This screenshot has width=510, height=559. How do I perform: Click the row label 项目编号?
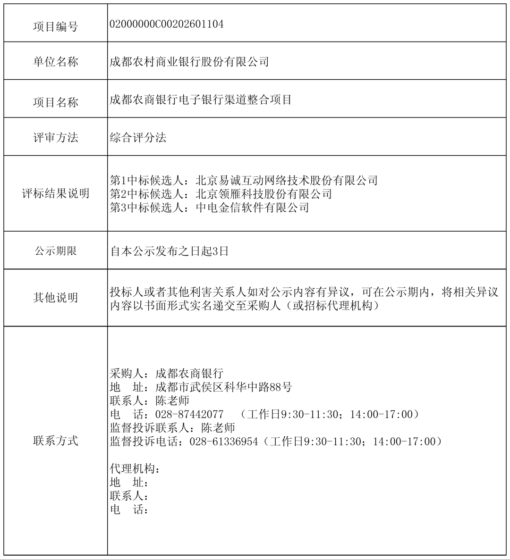56,26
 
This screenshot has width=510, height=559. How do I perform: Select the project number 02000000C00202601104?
167,24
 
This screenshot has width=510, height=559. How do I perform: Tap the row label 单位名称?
56,62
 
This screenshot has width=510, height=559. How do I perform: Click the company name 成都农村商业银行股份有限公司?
189,61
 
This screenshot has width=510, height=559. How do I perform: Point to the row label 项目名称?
56,102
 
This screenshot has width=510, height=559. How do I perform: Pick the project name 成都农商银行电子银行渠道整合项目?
201,100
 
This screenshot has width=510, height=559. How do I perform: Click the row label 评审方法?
56,138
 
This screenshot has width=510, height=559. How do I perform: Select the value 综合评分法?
138,137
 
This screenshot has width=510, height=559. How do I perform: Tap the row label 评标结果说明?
56,193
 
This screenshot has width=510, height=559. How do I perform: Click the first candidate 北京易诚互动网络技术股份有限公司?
287,180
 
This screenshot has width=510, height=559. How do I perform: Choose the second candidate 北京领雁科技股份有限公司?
263,194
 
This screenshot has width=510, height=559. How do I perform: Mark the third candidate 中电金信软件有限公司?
252,208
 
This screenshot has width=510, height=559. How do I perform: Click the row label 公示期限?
56,251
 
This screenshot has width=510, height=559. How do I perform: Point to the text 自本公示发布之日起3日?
170,251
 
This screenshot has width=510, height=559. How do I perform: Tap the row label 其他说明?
56,298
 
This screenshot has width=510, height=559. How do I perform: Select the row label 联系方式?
56,441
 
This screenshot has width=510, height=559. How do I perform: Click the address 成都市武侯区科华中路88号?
223,387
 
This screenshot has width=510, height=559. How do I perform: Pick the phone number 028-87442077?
189,415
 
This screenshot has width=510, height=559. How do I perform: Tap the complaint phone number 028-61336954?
224,442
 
